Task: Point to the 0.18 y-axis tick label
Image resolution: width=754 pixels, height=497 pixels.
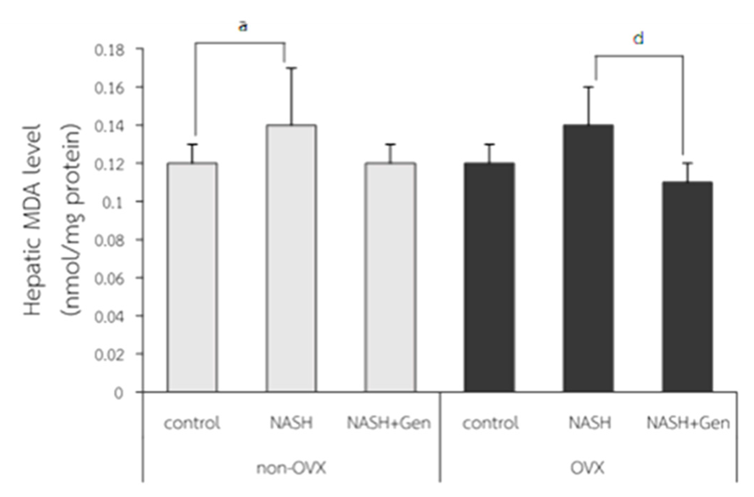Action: pos(109,50)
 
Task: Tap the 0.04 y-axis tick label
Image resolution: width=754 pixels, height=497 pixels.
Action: pos(109,317)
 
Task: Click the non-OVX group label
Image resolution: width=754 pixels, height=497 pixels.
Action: pos(291,468)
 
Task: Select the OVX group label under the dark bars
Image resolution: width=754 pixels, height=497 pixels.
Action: pos(587,468)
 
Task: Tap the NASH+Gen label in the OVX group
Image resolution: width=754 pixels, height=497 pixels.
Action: pos(688,423)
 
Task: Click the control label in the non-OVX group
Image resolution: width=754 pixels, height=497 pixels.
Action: pos(192,423)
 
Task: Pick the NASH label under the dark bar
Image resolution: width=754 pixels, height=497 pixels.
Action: pos(590,423)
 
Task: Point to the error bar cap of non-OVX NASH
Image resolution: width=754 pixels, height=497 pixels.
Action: pos(291,68)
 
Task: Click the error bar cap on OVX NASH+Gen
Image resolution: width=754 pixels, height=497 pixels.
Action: pos(687,163)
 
